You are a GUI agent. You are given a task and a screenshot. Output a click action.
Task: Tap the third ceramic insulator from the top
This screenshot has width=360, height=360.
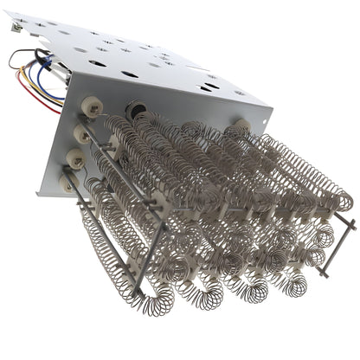(74, 158)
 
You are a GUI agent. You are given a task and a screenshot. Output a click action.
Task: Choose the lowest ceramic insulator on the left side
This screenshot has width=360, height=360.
(67, 183)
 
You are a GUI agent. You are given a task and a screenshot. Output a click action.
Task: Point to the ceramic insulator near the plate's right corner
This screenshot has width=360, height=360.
(243, 126)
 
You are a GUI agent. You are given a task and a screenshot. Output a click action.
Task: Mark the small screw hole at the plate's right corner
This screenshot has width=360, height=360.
(260, 118)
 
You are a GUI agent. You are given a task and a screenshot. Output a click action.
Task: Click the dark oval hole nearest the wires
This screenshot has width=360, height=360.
(79, 50)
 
